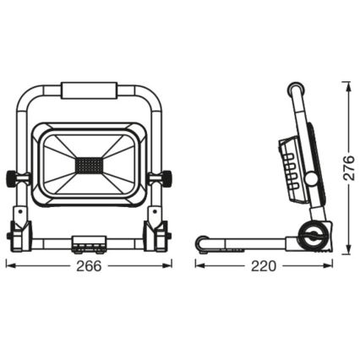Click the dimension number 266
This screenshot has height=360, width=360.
(90, 265)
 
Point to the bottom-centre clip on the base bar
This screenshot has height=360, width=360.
(89, 243)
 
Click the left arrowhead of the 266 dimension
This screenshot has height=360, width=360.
(8, 265)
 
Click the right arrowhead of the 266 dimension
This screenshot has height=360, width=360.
(170, 265)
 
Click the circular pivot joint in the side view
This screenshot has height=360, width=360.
(315, 237)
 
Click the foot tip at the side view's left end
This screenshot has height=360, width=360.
(200, 243)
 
